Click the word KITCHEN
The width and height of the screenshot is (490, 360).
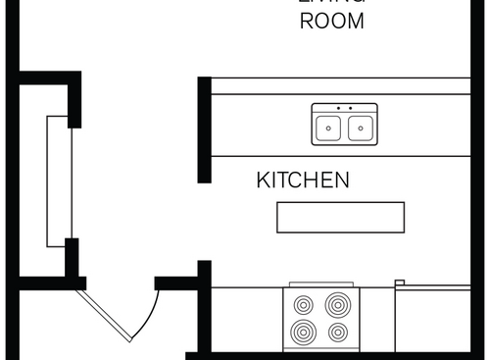303,180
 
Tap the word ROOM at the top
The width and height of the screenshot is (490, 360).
331,22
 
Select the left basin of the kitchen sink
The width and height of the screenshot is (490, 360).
328,127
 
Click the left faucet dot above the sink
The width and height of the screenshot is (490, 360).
338,108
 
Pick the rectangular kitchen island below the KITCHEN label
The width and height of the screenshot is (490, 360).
340,217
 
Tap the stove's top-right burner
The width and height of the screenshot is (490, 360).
338,304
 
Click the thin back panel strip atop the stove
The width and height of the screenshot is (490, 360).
321,284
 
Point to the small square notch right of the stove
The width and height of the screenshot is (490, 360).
400,283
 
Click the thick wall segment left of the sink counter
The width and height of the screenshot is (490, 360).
204,129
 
